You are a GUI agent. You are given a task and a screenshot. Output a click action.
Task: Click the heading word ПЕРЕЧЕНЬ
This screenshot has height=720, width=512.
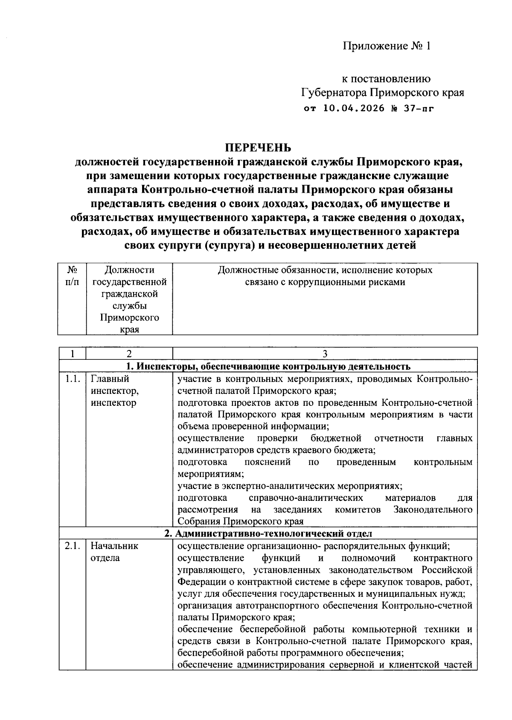pyautogui.click(x=258, y=147)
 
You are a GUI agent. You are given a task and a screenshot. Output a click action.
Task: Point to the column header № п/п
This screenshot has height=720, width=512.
pyautogui.click(x=72, y=276)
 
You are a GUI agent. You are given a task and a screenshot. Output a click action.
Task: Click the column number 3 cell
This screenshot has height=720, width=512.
pyautogui.click(x=325, y=354)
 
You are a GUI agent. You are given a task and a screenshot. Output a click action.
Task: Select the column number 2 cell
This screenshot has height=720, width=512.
pyautogui.click(x=129, y=354)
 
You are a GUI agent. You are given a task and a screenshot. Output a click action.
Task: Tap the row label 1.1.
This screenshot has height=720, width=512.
pyautogui.click(x=72, y=379)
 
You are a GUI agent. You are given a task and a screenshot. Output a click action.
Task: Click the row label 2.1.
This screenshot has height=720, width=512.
pyautogui.click(x=72, y=546)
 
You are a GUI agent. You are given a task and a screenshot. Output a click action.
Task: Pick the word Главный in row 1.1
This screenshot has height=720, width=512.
pyautogui.click(x=110, y=379)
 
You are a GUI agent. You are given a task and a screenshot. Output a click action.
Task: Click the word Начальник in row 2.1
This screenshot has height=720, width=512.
pyautogui.click(x=114, y=546)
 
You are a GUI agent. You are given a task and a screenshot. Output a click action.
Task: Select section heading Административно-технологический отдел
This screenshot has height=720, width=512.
pyautogui.click(x=268, y=534)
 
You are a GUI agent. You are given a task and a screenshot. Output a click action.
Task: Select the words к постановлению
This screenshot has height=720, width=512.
pyautogui.click(x=387, y=78)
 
